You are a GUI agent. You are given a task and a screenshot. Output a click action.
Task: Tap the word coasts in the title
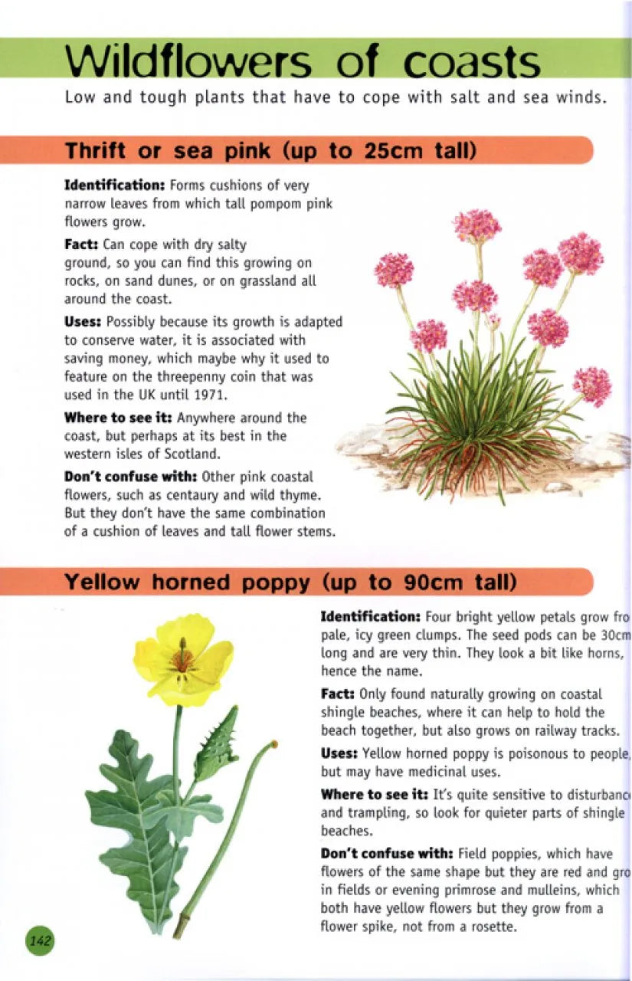[x=472, y=64]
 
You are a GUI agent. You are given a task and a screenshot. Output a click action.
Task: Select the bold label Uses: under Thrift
[x=84, y=322]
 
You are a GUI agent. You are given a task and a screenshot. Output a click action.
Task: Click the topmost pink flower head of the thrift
[x=476, y=225]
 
